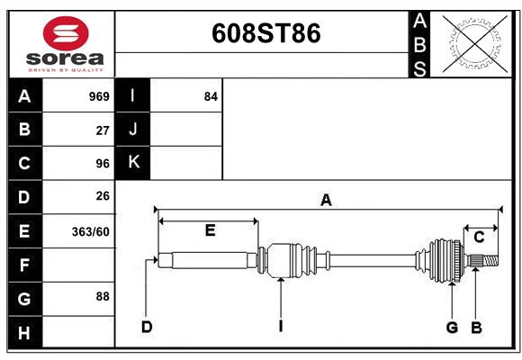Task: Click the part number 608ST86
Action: point(265,33)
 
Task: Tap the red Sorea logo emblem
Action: point(65,35)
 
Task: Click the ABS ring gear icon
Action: point(472,43)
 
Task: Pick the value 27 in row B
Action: point(103,130)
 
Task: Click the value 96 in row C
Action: point(103,163)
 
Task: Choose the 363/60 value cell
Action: point(91,230)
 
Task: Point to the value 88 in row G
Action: point(102,296)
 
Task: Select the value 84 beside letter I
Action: point(211,96)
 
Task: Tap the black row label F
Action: point(24,265)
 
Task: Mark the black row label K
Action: point(132,163)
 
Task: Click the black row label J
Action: point(132,130)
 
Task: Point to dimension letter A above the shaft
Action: point(326,202)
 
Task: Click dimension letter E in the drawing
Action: point(210,230)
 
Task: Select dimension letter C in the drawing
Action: point(479,237)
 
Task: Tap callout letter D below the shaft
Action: point(147,327)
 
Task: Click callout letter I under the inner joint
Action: point(281,327)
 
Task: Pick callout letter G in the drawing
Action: point(452,327)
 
